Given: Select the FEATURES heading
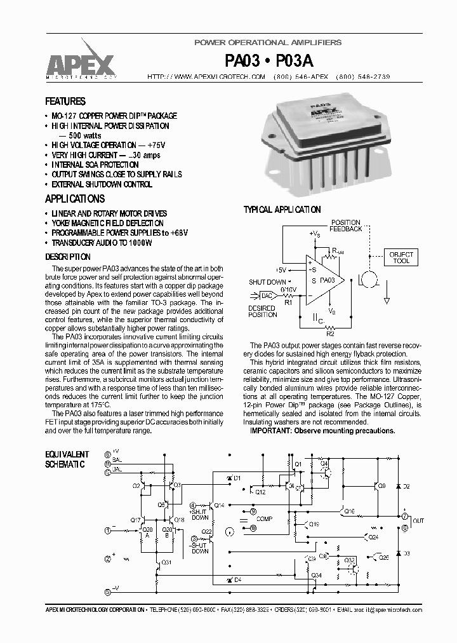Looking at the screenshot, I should [x=65, y=102].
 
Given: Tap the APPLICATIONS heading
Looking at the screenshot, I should [x=74, y=199].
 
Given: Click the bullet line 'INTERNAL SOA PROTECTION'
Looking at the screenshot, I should [x=95, y=165].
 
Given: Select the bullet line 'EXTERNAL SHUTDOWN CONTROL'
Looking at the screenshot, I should [x=102, y=184].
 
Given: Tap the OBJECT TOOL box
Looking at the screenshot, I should [x=401, y=258].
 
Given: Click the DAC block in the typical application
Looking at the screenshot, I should [x=268, y=295].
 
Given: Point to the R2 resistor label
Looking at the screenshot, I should [x=329, y=332].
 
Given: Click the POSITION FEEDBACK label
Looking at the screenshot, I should [x=346, y=226].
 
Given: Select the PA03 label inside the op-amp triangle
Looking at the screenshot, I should [x=327, y=280].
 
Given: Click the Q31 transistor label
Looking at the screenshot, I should [x=166, y=562].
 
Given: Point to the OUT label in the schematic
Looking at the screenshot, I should [x=418, y=521].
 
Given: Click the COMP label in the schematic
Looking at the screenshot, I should [x=264, y=519].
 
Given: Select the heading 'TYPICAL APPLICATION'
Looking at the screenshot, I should [x=282, y=210].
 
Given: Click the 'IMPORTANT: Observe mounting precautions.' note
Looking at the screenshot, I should [x=322, y=431].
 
